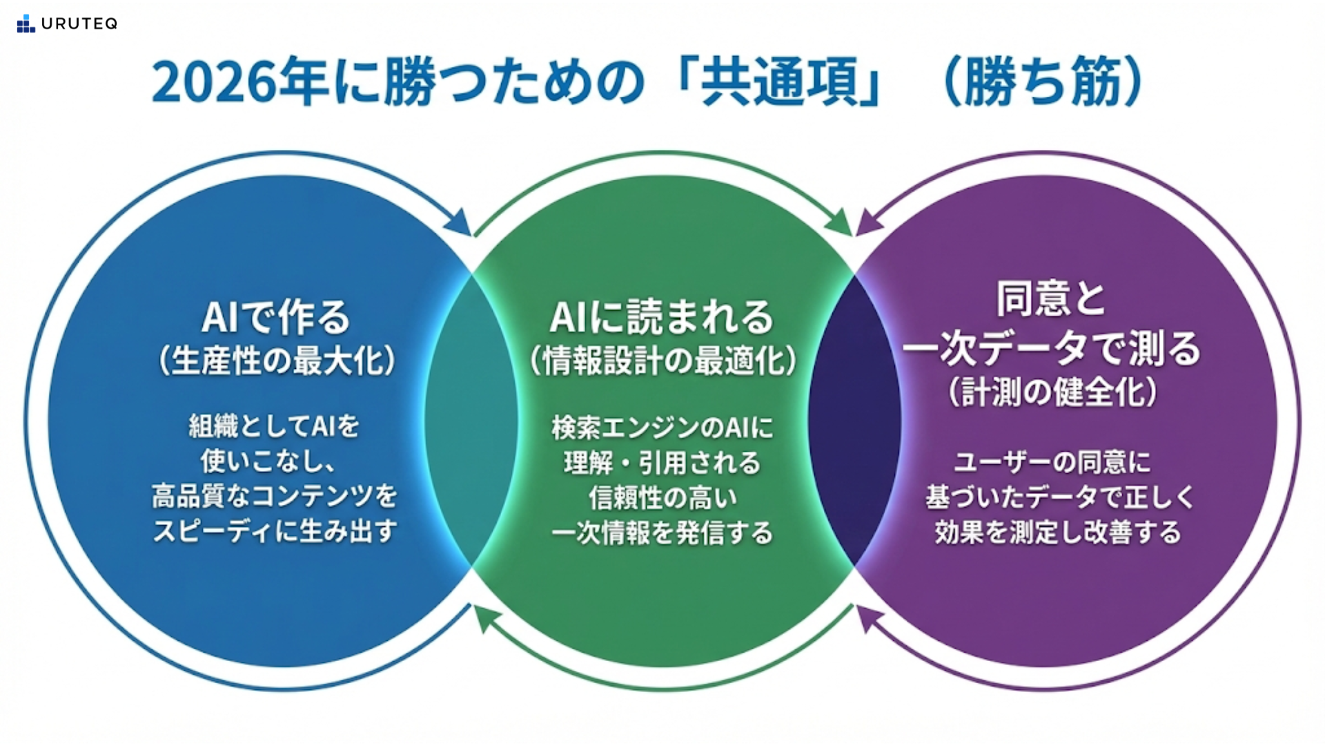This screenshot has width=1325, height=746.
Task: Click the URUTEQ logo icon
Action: (26, 23)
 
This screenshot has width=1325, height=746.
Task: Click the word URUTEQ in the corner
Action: (79, 24)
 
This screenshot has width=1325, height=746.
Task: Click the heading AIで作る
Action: (276, 317)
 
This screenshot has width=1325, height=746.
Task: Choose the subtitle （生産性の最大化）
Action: (276, 360)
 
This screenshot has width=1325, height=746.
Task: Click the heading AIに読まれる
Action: (661, 317)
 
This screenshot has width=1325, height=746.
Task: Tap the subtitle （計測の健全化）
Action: (1052, 392)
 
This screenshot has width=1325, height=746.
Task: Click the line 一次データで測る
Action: (1052, 347)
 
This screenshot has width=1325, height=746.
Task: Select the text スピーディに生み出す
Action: (275, 531)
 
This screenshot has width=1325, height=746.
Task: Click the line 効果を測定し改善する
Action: (1057, 532)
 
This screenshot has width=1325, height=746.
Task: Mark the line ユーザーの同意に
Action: (1052, 461)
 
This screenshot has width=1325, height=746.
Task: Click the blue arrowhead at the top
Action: (459, 222)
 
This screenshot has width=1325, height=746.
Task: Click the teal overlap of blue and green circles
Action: (471, 421)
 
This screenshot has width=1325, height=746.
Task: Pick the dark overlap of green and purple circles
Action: (854, 421)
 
